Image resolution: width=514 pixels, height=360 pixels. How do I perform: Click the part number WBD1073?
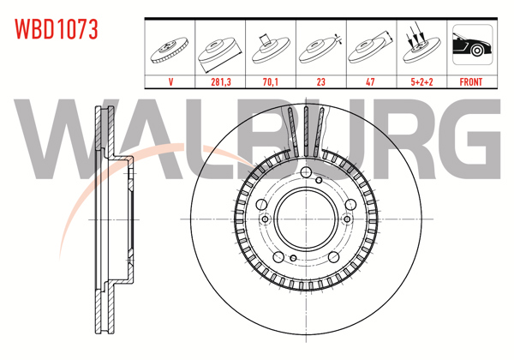click(x=57, y=29)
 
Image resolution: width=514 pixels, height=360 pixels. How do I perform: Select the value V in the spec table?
click(x=171, y=84)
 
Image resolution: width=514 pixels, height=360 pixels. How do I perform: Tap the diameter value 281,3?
click(x=221, y=84)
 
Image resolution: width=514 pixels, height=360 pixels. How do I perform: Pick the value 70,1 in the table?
click(x=271, y=84)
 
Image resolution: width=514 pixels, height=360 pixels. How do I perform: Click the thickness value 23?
click(x=320, y=84)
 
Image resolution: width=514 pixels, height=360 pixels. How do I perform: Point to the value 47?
click(x=370, y=84)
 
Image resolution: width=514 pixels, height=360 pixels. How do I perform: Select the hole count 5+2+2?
click(x=420, y=84)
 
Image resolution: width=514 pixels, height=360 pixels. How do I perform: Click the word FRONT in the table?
click(x=469, y=84)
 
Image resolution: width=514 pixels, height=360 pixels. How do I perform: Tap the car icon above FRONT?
click(x=469, y=48)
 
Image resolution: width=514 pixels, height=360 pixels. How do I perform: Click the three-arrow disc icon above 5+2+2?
click(x=420, y=48)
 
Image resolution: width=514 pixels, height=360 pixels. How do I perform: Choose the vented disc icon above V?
click(x=171, y=50)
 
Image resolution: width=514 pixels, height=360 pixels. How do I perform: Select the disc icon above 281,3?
click(x=221, y=50)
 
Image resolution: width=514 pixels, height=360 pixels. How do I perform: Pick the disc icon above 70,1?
click(x=271, y=48)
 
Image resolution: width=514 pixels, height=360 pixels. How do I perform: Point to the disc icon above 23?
click(x=320, y=48)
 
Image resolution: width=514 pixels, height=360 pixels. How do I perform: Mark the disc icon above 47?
click(x=370, y=48)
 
